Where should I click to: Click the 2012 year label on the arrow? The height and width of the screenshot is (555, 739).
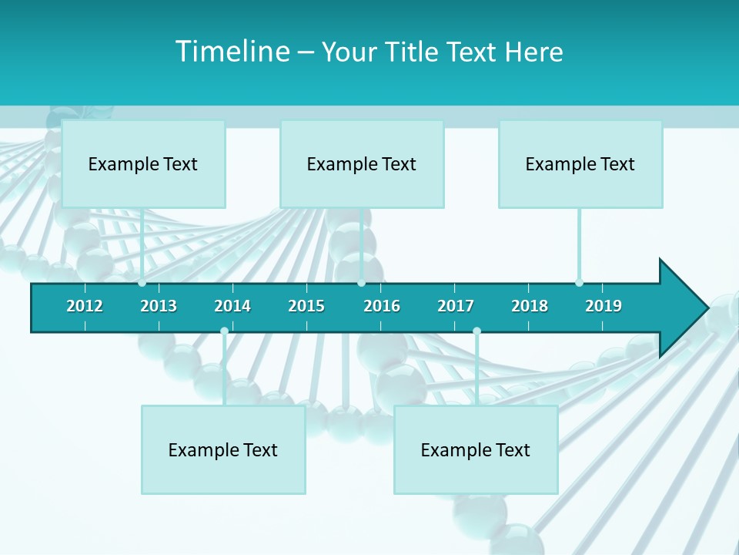pyautogui.click(x=85, y=306)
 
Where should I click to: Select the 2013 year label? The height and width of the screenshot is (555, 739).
pyautogui.click(x=159, y=306)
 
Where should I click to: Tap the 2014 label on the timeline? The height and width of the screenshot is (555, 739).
pyautogui.click(x=232, y=306)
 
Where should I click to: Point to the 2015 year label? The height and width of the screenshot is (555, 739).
pyautogui.click(x=306, y=306)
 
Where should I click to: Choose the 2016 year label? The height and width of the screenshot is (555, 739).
pyautogui.click(x=382, y=306)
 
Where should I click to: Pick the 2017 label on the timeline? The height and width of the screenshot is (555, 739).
pyautogui.click(x=456, y=306)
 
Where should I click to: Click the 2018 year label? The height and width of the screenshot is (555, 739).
pyautogui.click(x=530, y=306)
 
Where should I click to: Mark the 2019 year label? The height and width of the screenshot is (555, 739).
pyautogui.click(x=604, y=306)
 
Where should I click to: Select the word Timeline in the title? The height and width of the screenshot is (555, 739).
pyautogui.click(x=230, y=52)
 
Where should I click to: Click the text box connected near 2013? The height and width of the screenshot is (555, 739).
pyautogui.click(x=143, y=163)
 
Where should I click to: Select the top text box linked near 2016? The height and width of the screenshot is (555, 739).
pyautogui.click(x=362, y=163)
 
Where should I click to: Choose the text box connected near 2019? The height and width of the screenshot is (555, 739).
pyautogui.click(x=580, y=163)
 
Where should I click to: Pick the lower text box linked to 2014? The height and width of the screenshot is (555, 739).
pyautogui.click(x=223, y=449)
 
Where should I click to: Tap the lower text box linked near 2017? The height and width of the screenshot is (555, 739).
pyautogui.click(x=476, y=449)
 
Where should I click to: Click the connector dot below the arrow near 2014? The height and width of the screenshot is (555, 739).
pyautogui.click(x=224, y=331)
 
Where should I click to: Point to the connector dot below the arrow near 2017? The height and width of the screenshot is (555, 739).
pyautogui.click(x=477, y=331)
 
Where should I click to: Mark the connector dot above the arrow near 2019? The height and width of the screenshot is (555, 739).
pyautogui.click(x=579, y=283)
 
